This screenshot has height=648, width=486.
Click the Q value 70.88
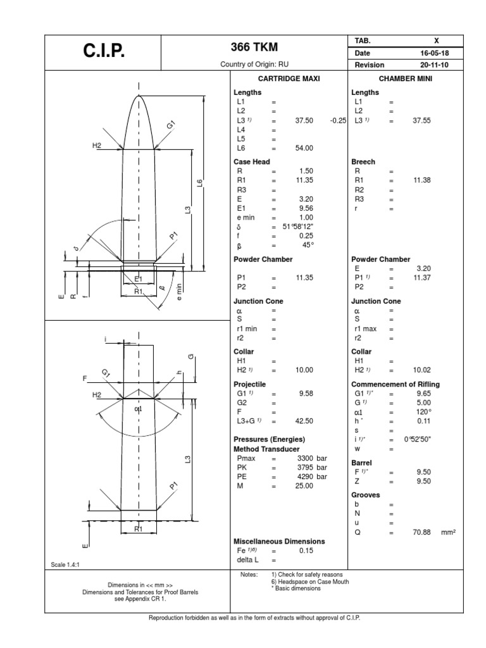coord(421,532)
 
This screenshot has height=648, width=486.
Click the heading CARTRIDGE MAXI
coord(289,78)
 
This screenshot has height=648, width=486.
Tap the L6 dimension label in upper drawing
coord(199,184)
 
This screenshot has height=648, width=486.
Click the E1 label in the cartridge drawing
coord(139,278)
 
